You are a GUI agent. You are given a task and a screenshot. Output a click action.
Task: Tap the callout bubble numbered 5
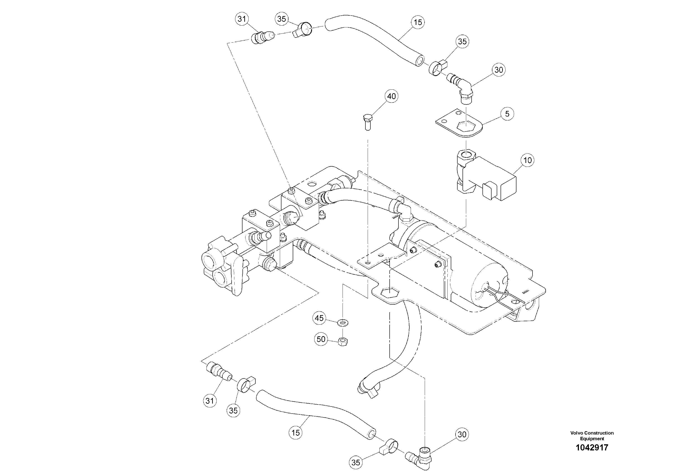[x=507, y=114]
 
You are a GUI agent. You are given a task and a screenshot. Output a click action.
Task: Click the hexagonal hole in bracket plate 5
[x=466, y=127]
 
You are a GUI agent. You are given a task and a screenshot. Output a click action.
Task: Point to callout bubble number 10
[x=528, y=160]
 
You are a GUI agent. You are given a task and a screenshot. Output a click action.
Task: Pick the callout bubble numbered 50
[x=321, y=339]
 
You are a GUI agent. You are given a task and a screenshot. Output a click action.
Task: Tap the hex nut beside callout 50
[x=343, y=342]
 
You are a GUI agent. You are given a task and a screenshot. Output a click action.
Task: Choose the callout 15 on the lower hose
[x=296, y=433]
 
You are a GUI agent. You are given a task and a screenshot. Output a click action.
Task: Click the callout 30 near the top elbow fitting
[x=499, y=70]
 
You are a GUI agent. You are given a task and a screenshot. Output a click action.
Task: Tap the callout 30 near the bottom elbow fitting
[x=462, y=434]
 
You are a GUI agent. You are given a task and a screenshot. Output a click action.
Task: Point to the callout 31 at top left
[x=242, y=19]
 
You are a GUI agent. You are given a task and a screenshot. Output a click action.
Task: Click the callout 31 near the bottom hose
[x=210, y=401]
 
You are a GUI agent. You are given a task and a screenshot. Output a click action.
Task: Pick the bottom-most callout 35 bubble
[x=355, y=463]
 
